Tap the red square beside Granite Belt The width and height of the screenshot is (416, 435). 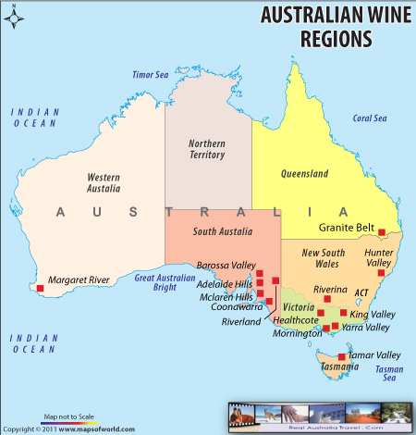(x=382, y=232)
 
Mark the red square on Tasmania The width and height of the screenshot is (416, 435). (x=342, y=356)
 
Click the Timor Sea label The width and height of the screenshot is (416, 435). (x=151, y=74)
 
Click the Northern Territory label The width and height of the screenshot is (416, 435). (x=206, y=149)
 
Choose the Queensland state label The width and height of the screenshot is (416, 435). (x=304, y=173)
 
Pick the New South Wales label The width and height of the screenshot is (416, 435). (x=323, y=259)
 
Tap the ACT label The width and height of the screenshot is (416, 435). (x=362, y=292)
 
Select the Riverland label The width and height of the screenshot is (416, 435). (x=240, y=321)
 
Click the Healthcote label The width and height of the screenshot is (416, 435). (x=296, y=320)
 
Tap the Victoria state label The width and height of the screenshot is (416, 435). (x=299, y=306)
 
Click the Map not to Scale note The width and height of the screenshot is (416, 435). (x=68, y=417)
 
